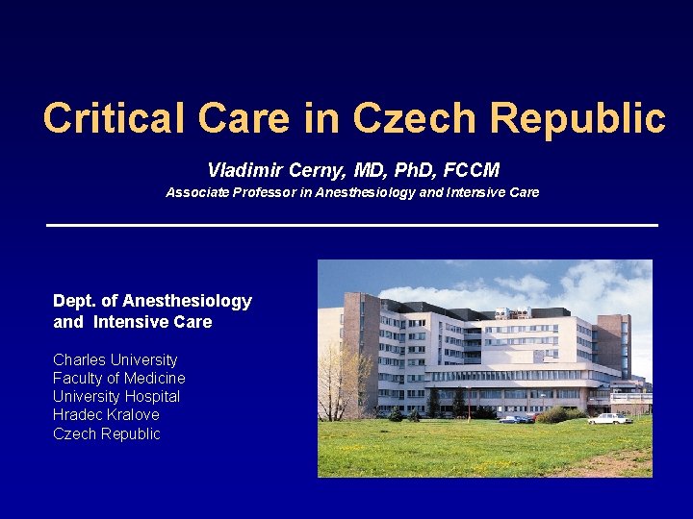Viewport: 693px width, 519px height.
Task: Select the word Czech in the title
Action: [414, 119]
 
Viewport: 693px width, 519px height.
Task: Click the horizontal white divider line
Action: [352, 225]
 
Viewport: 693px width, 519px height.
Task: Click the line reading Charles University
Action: [115, 359]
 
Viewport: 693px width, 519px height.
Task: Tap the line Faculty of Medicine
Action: [119, 378]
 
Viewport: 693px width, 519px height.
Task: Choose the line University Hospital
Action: [116, 396]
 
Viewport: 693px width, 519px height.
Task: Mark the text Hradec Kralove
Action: [106, 414]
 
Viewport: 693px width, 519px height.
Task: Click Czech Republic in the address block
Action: [107, 433]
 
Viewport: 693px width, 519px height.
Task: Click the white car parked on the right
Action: [608, 418]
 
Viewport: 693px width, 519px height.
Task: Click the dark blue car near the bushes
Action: [520, 419]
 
